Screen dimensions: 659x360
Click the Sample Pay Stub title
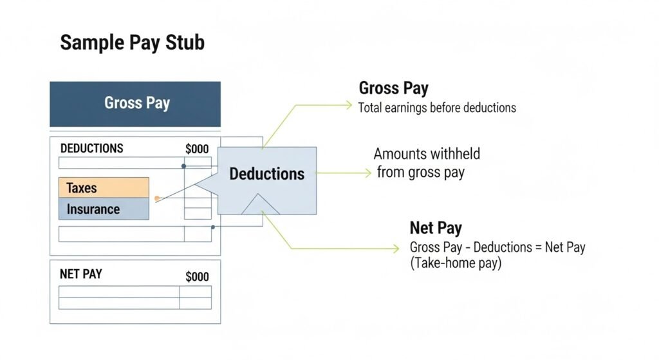point(133,43)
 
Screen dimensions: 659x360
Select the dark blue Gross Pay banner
point(135,104)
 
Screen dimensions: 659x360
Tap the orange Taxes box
point(104,187)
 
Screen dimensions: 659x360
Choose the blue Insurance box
point(104,209)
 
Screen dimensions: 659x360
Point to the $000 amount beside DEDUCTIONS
point(197,149)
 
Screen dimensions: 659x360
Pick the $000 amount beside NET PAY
point(197,277)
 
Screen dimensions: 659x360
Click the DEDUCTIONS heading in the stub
point(92,149)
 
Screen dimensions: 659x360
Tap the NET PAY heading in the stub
point(81,274)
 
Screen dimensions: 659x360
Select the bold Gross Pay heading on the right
point(394,88)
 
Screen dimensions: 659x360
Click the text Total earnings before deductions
point(437,108)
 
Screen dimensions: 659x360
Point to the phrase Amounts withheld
point(427,154)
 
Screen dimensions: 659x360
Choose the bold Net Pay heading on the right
point(436,228)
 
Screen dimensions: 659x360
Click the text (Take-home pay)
point(456,263)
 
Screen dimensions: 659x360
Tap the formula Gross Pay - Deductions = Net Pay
point(497,247)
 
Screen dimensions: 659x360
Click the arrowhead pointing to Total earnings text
point(349,105)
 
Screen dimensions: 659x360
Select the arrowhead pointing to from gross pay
point(368,173)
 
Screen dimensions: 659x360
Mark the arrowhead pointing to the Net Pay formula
point(396,249)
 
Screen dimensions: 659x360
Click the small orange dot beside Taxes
point(157,198)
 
